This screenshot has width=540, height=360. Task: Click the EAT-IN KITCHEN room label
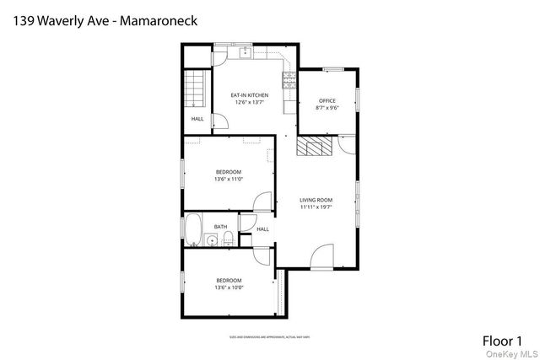250,95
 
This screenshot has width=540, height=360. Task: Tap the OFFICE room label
327,101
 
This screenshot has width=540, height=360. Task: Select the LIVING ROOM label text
316,200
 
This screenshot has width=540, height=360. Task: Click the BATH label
219,227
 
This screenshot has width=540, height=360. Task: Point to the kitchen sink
246,53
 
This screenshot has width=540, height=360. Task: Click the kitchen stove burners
289,82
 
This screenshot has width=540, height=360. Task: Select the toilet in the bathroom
229,239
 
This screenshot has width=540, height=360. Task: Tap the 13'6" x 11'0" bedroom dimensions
229,179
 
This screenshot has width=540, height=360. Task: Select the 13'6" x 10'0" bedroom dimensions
229,287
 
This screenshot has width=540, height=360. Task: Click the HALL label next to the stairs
197,119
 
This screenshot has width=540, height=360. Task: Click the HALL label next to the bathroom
262,229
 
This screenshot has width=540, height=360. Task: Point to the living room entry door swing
321,257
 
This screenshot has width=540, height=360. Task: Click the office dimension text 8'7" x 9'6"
327,108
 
